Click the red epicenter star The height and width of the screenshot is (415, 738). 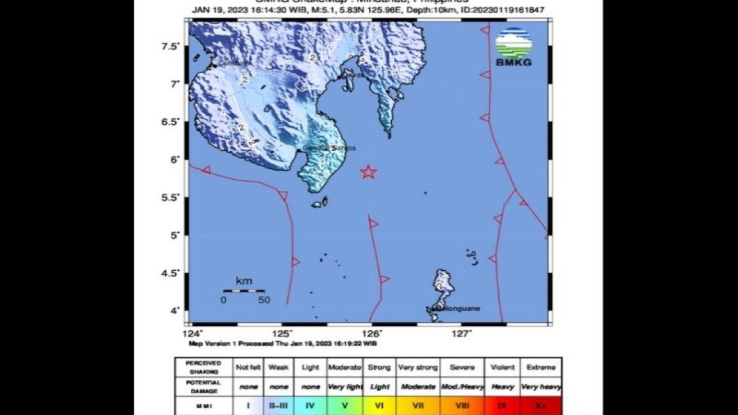pyautogui.click(x=368, y=172)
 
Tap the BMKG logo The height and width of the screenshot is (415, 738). pyautogui.click(x=513, y=47)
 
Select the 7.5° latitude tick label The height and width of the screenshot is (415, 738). pyautogui.click(x=171, y=46)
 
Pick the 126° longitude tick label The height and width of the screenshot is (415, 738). pyautogui.click(x=372, y=334)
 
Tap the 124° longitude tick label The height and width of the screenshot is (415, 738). pyautogui.click(x=193, y=334)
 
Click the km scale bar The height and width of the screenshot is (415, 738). pyautogui.click(x=244, y=290)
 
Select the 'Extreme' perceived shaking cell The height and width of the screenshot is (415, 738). pyautogui.click(x=541, y=367)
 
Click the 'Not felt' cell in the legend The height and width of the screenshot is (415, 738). pyautogui.click(x=248, y=367)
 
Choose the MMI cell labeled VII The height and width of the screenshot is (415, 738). pyautogui.click(x=419, y=406)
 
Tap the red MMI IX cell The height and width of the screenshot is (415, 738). pyautogui.click(x=503, y=406)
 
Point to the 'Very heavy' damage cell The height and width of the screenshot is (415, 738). pyautogui.click(x=541, y=387)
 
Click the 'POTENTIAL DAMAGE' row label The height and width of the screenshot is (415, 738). pyautogui.click(x=204, y=386)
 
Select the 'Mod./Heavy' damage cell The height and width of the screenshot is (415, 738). pyautogui.click(x=462, y=387)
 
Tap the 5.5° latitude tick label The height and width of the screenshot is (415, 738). pyautogui.click(x=171, y=198)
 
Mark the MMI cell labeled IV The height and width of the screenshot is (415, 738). pyautogui.click(x=310, y=406)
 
